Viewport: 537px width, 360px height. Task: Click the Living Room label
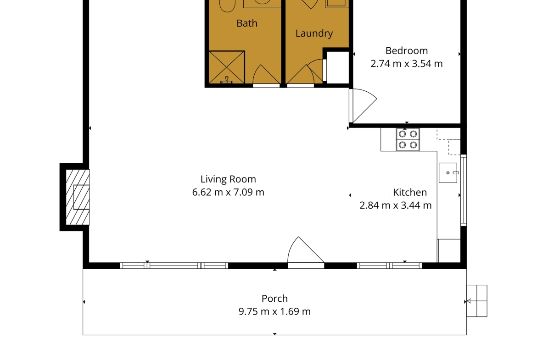point(228,179)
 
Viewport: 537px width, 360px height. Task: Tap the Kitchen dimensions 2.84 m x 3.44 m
point(396,205)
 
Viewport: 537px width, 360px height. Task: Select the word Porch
point(274,299)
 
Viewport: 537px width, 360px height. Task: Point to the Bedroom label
point(407,50)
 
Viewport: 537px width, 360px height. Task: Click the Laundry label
point(314,33)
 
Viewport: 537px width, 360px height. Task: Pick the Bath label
point(247,23)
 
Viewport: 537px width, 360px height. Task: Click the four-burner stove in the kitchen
point(408,139)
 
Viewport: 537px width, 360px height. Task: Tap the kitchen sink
point(448,173)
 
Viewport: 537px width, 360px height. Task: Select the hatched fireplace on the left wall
point(78,197)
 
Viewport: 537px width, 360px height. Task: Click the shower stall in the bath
point(226,67)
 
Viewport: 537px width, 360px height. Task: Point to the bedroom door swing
point(363,105)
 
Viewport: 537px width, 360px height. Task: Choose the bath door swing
point(266,75)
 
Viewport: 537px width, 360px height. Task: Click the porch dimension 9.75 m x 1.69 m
point(274,311)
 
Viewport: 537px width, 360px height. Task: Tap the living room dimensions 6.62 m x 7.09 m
point(228,192)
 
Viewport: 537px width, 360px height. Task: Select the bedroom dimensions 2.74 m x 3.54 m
point(407,64)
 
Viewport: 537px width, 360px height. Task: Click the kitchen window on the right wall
point(464,190)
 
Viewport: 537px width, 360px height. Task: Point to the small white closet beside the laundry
point(338,68)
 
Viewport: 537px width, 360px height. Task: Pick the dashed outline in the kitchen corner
point(448,142)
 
